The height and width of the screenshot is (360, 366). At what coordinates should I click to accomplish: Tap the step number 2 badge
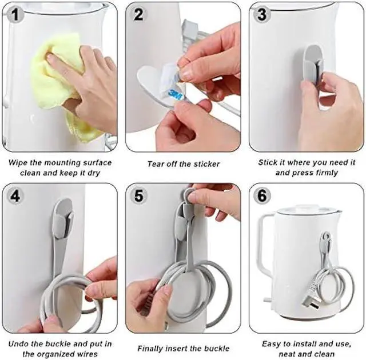click(139, 14)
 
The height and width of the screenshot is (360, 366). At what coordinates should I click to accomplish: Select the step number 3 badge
click(262, 14)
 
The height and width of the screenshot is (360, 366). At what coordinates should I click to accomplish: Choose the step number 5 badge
click(139, 195)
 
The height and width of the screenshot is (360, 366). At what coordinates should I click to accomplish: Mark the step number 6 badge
click(262, 195)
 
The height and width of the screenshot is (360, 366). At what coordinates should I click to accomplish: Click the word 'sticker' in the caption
click(205, 164)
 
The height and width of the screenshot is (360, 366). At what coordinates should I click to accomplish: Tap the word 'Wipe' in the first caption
click(18, 162)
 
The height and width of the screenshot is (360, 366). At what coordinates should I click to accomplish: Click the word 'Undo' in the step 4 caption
click(19, 343)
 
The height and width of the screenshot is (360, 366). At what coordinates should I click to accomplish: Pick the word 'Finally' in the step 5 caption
click(150, 348)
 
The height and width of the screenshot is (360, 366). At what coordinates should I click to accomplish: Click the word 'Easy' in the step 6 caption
click(272, 343)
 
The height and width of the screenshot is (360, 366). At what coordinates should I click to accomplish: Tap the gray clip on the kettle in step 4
click(63, 220)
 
